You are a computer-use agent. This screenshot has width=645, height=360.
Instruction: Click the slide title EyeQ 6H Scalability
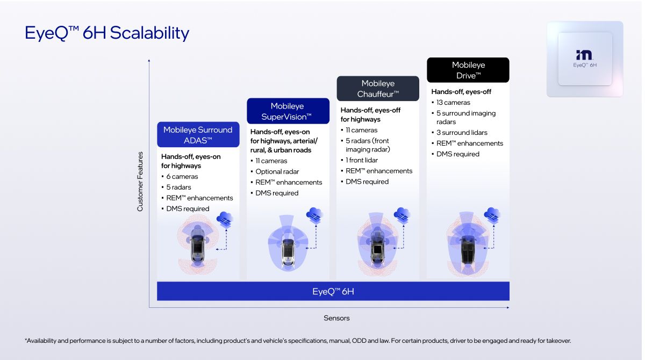coord(107,33)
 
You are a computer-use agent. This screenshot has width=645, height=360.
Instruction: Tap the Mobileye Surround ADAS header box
coord(198,135)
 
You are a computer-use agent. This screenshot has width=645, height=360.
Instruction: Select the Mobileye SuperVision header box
coord(288,111)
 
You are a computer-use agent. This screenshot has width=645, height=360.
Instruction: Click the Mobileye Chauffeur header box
coord(378,89)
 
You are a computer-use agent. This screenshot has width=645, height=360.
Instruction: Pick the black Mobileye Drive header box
coord(468,70)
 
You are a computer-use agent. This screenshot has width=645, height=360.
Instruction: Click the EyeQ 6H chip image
coord(585,59)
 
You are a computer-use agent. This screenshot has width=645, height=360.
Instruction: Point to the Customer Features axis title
coord(140,181)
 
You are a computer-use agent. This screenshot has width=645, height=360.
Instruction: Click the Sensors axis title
coord(336,318)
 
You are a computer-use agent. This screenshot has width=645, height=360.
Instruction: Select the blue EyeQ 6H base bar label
coord(333,292)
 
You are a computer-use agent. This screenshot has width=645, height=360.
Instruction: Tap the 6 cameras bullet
coord(182,176)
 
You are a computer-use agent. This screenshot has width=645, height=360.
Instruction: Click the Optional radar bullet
coord(276,171)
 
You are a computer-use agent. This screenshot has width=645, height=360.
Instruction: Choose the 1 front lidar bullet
coord(361,160)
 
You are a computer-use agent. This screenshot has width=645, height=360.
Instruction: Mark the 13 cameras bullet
coord(453,103)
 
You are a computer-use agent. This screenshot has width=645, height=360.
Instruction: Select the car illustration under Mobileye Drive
coord(468,247)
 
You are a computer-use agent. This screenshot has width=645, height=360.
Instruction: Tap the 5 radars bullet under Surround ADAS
coord(180,187)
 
